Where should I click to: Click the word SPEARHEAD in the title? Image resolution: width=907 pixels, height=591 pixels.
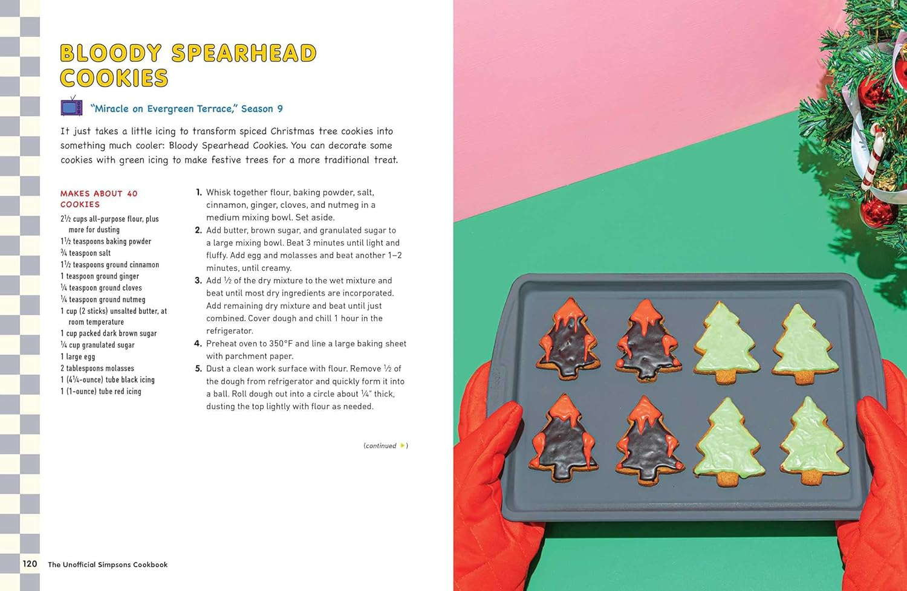(x=244, y=53)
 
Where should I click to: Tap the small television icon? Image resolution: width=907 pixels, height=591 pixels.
(x=71, y=107)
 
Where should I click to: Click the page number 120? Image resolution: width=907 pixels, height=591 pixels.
(x=30, y=563)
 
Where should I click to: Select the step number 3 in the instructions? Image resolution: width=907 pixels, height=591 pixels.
(x=198, y=280)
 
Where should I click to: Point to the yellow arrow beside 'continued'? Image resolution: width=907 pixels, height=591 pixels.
(x=403, y=445)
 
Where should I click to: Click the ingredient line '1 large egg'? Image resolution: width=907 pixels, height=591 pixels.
(x=77, y=357)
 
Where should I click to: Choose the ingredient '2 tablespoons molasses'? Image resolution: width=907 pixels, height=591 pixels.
(x=97, y=368)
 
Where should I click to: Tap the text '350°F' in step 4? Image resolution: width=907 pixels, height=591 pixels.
(x=281, y=343)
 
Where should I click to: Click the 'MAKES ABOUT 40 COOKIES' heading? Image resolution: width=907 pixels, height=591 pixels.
(x=99, y=199)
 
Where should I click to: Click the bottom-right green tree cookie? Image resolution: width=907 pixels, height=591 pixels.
(x=813, y=442)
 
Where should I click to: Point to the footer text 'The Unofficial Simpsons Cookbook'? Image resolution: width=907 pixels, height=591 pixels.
(x=108, y=564)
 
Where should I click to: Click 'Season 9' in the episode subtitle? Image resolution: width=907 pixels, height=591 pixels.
(x=262, y=109)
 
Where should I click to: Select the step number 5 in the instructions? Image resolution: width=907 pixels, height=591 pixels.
(x=198, y=369)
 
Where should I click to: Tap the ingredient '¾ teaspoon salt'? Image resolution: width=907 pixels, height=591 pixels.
(x=85, y=253)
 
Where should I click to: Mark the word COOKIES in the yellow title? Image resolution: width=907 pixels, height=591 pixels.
(x=114, y=79)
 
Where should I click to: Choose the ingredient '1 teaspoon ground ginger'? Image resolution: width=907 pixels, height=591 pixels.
(x=99, y=276)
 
